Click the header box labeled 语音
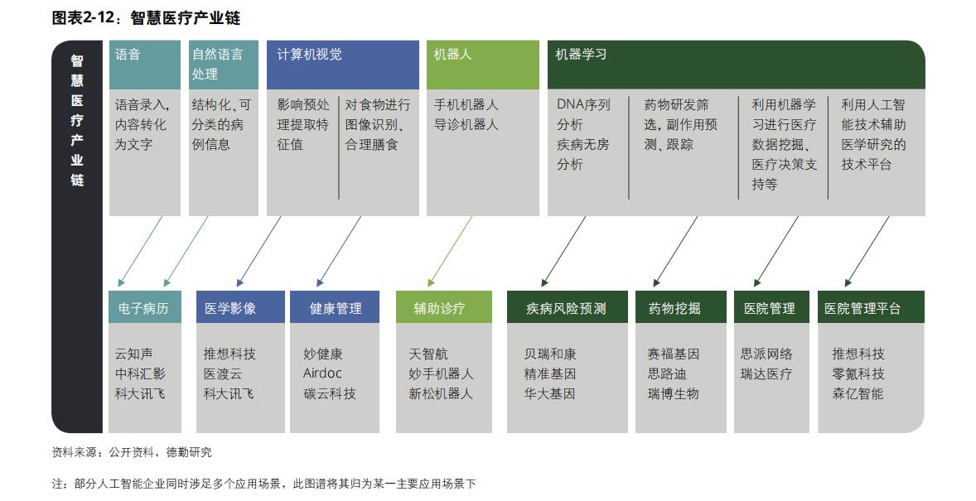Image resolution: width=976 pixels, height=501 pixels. click(144, 65)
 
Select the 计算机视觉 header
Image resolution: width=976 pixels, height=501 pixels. click(342, 65)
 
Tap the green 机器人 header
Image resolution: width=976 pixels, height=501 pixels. click(483, 65)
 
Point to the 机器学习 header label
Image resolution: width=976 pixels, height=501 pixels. click(581, 55)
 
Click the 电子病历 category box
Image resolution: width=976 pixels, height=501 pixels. click(145, 307)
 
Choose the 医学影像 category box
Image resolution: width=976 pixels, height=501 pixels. click(240, 307)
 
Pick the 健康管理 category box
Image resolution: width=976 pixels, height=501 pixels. click(335, 307)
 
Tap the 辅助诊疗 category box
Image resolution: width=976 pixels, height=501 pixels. click(444, 307)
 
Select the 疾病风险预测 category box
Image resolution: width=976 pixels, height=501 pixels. click(567, 307)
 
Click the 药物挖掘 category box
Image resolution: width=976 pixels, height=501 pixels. click(681, 307)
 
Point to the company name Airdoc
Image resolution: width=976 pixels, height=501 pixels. click(322, 373)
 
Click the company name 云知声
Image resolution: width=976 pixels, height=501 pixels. click(134, 354)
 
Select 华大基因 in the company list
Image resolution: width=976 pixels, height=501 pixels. click(549, 394)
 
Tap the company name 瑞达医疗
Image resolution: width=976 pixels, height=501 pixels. click(766, 374)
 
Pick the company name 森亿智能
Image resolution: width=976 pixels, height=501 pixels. click(858, 394)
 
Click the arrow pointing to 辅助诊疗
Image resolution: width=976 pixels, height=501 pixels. click(449, 252)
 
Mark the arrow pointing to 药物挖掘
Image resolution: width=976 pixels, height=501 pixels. click(674, 252)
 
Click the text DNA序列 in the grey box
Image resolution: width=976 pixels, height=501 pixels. click(583, 104)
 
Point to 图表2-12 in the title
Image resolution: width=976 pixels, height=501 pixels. click(83, 17)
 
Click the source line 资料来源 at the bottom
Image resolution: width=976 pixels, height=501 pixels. click(132, 452)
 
